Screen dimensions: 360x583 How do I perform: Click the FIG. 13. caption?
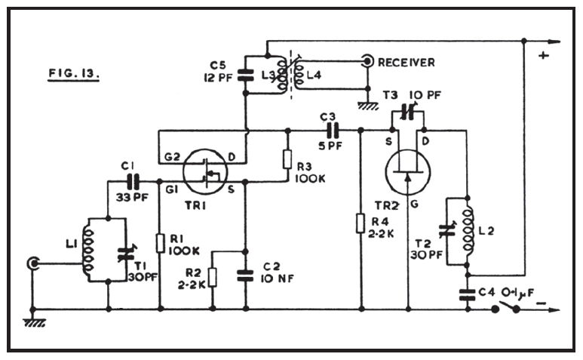click(75, 75)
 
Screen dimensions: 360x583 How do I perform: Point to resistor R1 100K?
click(161, 242)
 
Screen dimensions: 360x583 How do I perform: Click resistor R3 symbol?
click(287, 160)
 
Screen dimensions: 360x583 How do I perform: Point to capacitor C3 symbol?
click(330, 129)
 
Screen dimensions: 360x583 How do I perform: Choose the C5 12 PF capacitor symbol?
click(246, 75)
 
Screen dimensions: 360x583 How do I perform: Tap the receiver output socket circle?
click(367, 60)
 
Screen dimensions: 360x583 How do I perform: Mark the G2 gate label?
click(171, 156)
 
